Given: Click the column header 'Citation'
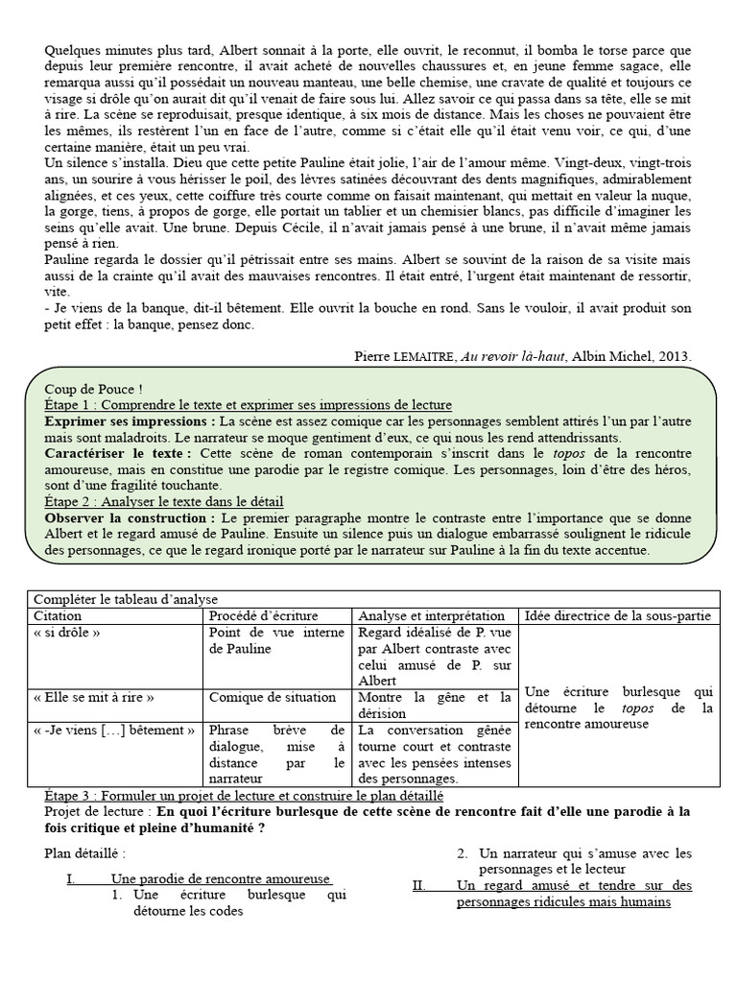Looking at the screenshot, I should click(58, 615).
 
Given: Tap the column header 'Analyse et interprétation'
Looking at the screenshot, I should click(431, 615).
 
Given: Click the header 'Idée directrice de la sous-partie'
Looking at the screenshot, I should click(620, 615).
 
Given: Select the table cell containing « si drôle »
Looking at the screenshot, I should click(67, 634).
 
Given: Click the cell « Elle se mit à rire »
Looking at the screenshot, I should click(93, 697).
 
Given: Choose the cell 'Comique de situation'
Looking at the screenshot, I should click(273, 697).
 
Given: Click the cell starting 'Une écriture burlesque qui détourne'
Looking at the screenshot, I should click(620, 706).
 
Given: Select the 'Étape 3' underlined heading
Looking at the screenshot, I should click(244, 796).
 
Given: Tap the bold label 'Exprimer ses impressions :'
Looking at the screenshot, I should click(130, 421).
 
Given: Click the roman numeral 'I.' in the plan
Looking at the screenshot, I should click(71, 878).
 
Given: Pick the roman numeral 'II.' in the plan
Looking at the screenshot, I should click(419, 885).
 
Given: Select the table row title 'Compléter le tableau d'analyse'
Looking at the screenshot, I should click(127, 599).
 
